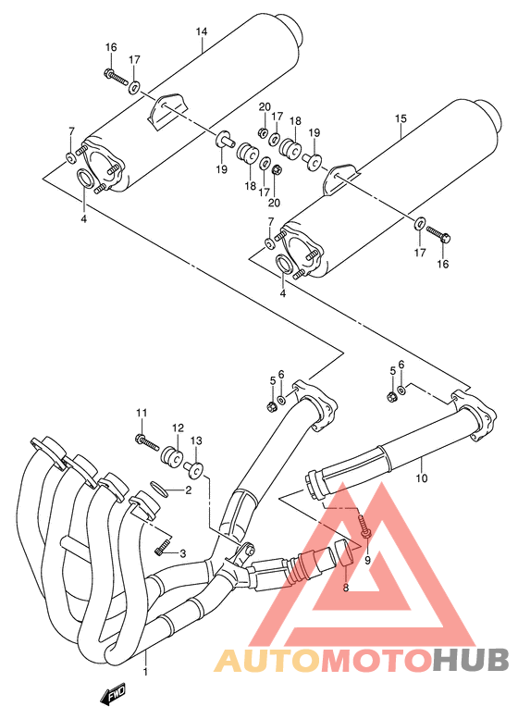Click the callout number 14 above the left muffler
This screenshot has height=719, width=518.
tap(201, 32)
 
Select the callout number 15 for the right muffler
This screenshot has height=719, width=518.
tap(401, 118)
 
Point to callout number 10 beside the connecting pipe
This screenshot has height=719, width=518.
tap(422, 478)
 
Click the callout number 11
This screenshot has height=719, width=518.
tap(142, 412)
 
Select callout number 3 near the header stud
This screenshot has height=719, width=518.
tap(182, 553)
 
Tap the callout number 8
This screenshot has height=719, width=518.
tap(346, 587)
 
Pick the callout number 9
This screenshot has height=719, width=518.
tap(366, 561)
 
